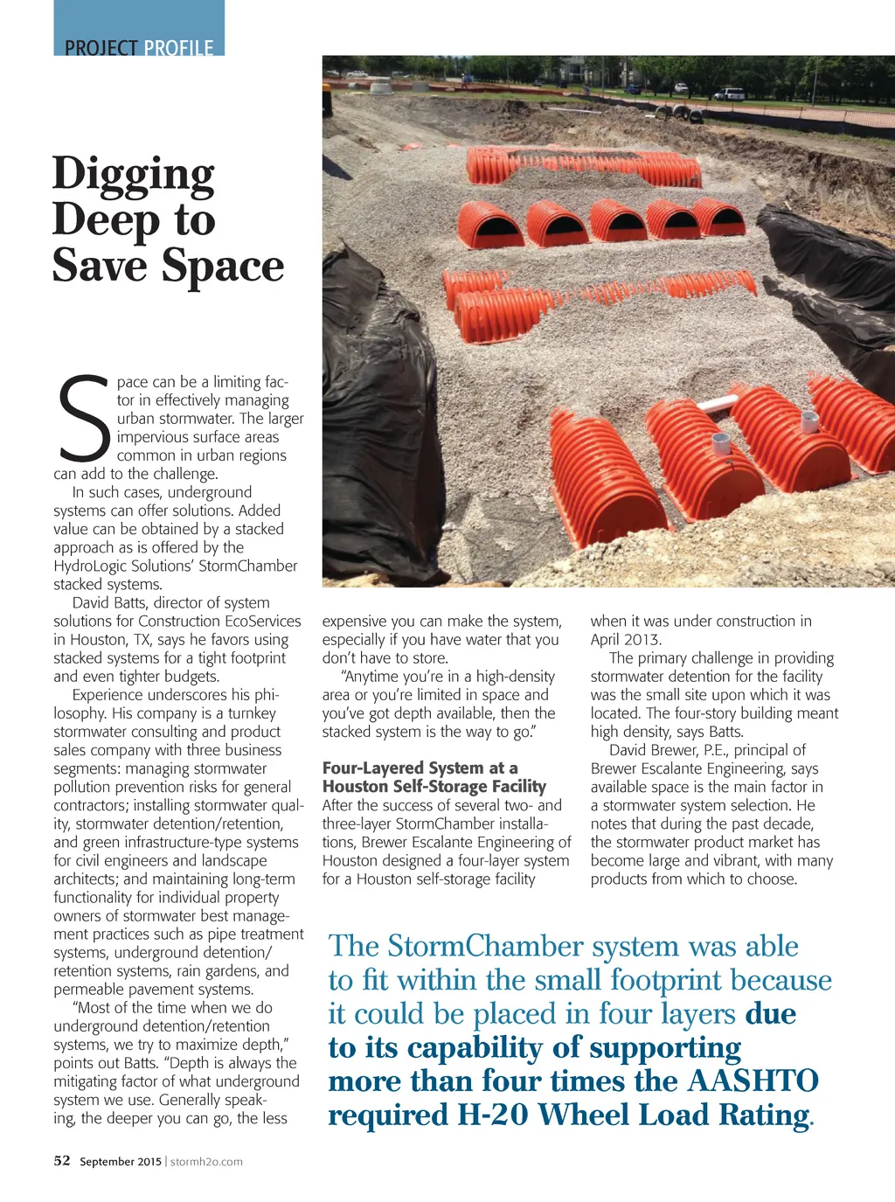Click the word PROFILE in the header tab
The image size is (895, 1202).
[x=178, y=48]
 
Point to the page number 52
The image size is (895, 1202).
[x=62, y=1161]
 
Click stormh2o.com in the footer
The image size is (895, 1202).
[x=206, y=1162]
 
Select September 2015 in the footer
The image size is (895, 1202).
[x=121, y=1162]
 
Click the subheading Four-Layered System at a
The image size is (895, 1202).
[x=420, y=768]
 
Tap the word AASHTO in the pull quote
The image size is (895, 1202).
[x=753, y=1081]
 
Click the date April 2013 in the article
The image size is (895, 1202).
[x=626, y=639]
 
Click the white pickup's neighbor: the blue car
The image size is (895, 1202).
[x=680, y=87]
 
